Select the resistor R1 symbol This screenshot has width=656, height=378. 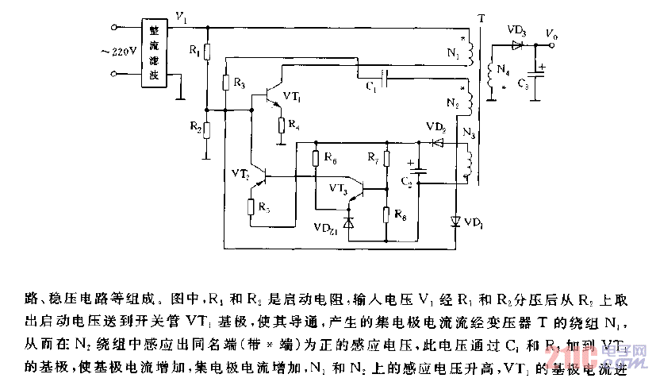pos(207,52)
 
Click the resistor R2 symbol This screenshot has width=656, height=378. pos(207,131)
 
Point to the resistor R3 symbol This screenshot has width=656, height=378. pos(227,82)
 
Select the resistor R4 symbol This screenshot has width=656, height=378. pos(280,125)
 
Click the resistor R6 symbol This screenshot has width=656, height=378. pos(316,159)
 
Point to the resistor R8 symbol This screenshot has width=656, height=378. pos(386,214)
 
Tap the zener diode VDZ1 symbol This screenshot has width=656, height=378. pos(347,223)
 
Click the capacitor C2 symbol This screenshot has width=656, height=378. pos(420,170)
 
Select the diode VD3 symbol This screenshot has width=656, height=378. pos(518,44)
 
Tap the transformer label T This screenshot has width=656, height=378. pos(480,17)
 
